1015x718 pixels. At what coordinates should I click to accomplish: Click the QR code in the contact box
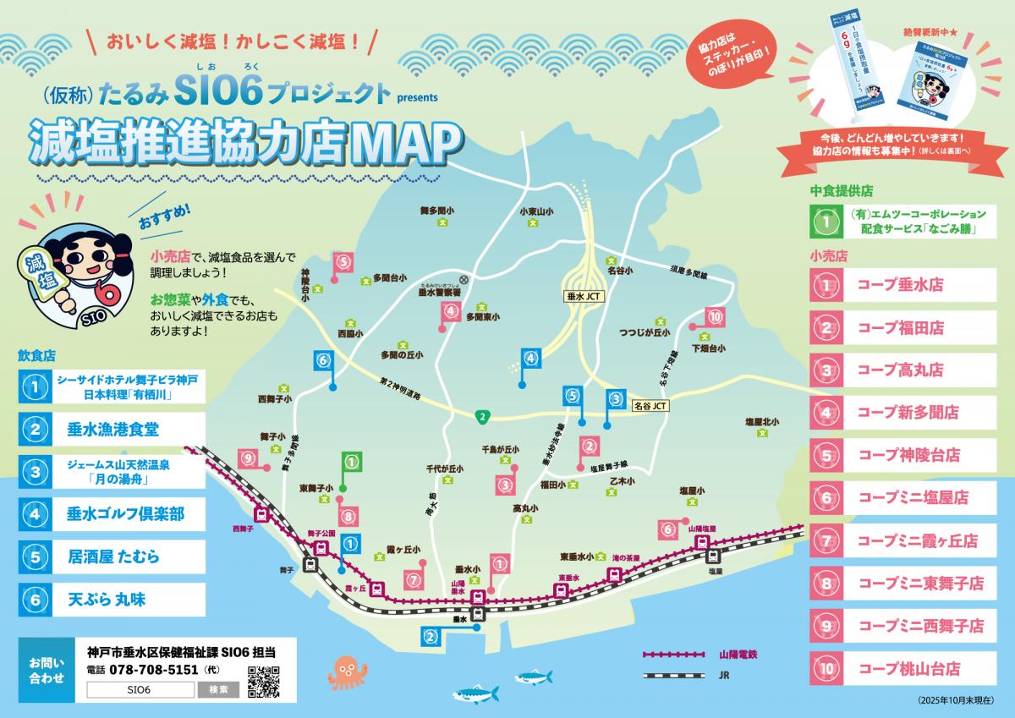click(263, 682)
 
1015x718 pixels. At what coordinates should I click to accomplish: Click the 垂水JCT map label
click(582, 297)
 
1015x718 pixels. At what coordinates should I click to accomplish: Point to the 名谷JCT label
click(650, 406)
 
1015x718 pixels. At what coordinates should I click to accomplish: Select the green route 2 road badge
click(482, 415)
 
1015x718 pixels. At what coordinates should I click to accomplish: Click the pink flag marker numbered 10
click(716, 317)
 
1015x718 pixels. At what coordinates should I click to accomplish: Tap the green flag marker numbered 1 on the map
click(352, 463)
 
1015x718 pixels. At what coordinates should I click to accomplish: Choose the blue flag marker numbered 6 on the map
click(323, 360)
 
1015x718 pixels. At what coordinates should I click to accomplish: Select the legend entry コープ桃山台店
click(908, 668)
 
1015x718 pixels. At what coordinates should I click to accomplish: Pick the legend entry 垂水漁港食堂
click(113, 429)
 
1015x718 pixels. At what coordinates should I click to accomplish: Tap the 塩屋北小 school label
click(761, 421)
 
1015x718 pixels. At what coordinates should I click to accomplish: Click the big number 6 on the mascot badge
click(108, 292)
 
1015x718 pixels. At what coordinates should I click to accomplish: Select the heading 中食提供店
click(841, 191)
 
